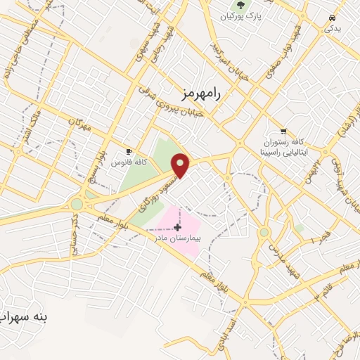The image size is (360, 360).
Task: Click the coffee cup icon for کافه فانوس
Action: coord(129,151)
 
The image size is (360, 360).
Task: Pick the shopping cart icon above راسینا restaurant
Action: coord(283,131)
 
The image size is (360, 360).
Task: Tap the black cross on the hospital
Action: coord(177,226)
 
